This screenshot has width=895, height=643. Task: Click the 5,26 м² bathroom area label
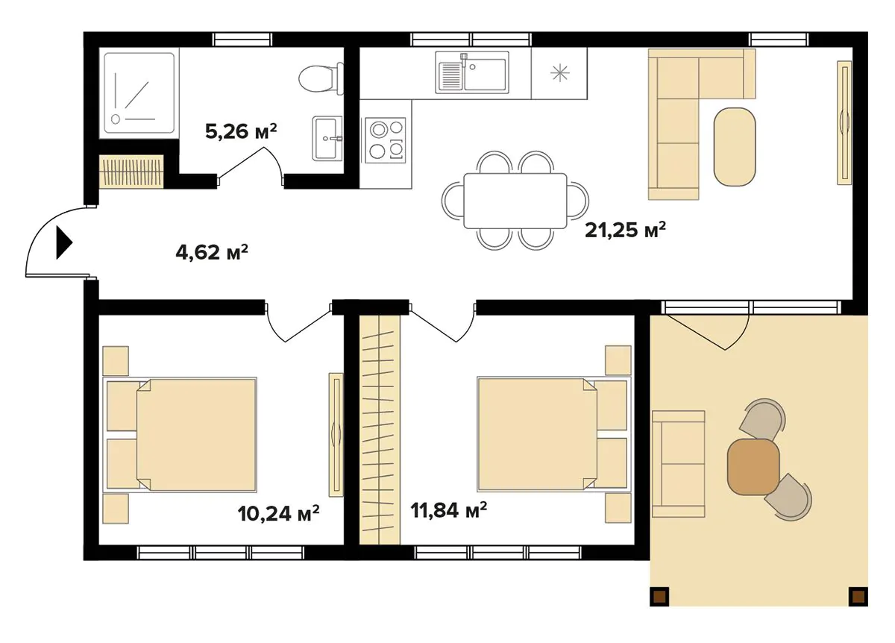pyautogui.click(x=240, y=132)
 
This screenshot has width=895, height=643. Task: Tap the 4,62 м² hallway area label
pyautogui.click(x=211, y=252)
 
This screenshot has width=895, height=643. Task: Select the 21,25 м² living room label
pyautogui.click(x=625, y=230)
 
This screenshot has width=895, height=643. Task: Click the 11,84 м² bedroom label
pyautogui.click(x=449, y=511)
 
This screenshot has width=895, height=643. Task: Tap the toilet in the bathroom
pyautogui.click(x=320, y=78)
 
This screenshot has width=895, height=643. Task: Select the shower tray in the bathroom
pyautogui.click(x=139, y=92)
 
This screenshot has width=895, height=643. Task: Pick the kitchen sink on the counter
pyautogui.click(x=471, y=72)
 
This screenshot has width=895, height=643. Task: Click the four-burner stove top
pyautogui.click(x=386, y=140)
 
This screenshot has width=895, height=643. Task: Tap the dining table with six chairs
pyautogui.click(x=515, y=201)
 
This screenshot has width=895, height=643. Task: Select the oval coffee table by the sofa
pyautogui.click(x=735, y=146)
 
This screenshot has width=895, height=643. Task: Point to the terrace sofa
pyautogui.click(x=678, y=463)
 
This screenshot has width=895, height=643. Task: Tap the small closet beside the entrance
pyautogui.click(x=131, y=172)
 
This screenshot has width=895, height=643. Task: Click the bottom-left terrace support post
pyautogui.click(x=660, y=596)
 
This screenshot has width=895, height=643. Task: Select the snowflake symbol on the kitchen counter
pyautogui.click(x=559, y=72)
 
